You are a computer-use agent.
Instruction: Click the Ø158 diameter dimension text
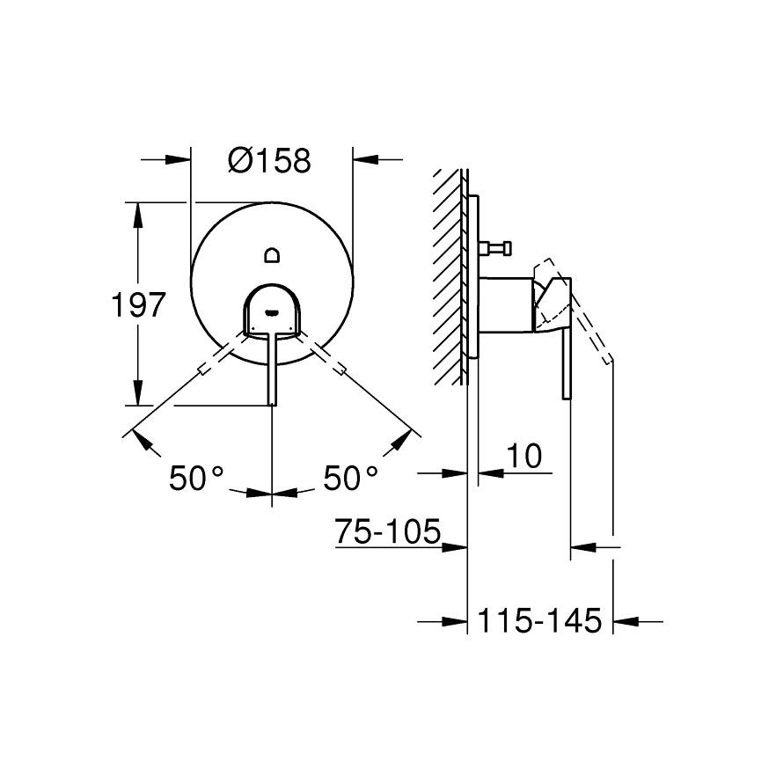pos(268,160)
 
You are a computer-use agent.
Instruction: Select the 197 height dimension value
pos(138,305)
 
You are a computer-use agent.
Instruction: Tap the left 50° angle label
pos(197,479)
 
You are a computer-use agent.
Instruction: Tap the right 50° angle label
pos(351,479)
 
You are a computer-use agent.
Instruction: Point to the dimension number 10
pos(523,456)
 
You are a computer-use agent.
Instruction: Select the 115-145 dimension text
pos(538,620)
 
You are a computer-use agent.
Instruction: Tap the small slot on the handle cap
pos(272,310)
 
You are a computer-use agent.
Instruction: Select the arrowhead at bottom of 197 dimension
pos(137,395)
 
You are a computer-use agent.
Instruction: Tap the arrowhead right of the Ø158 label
pos(363,160)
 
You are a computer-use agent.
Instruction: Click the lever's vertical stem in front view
pos(272,370)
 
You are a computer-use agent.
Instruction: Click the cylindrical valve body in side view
pos(506,306)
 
